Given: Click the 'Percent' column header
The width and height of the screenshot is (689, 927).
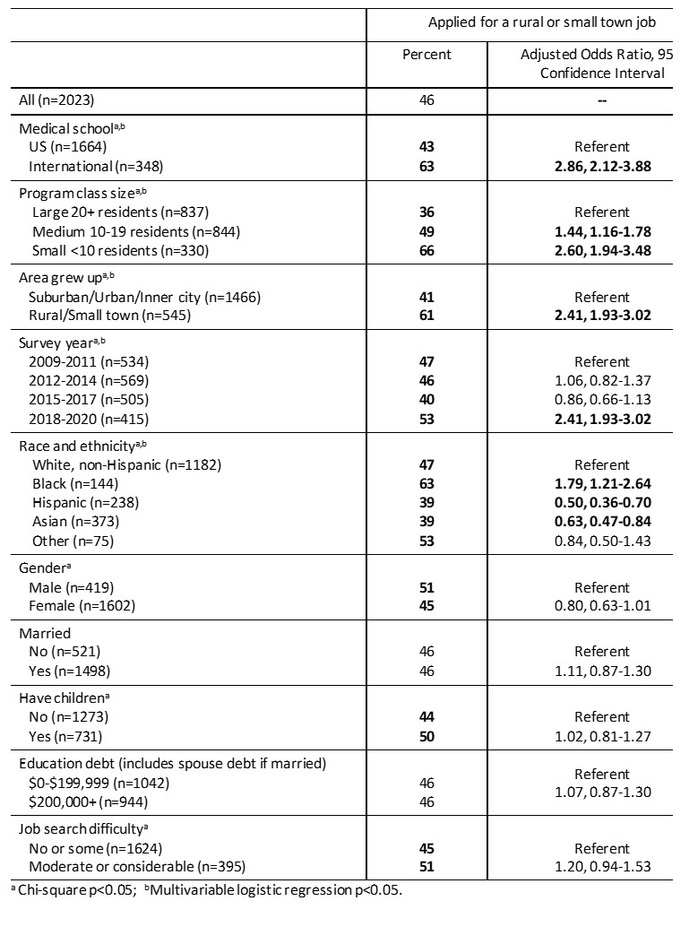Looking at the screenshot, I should [x=426, y=55].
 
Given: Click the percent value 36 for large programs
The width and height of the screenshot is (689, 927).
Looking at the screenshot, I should [x=426, y=212].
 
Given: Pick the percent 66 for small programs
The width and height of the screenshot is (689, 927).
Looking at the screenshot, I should [x=426, y=252].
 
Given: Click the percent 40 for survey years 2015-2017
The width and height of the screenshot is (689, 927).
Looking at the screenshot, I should [x=426, y=401].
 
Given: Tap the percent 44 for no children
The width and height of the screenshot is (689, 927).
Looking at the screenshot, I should [x=426, y=718].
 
